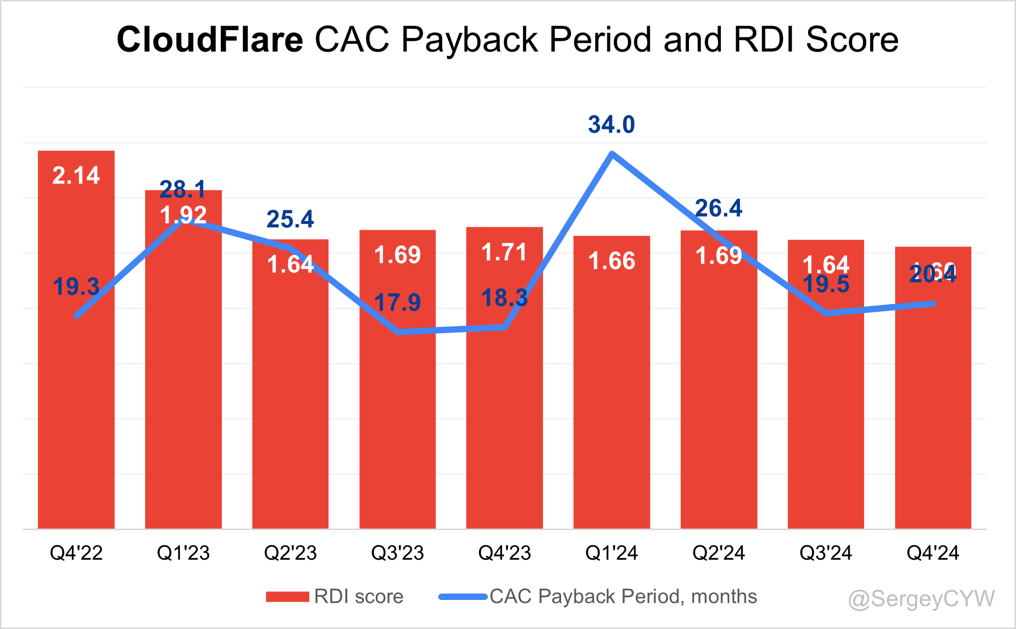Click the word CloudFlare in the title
(x=210, y=39)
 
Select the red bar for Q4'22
(x=76, y=394)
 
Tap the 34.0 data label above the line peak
(x=611, y=125)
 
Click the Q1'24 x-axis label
(x=611, y=553)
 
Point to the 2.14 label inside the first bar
(x=76, y=176)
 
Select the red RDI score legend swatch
(x=287, y=597)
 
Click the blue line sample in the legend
(x=462, y=597)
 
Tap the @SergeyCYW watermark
(x=922, y=599)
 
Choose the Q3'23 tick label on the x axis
(x=397, y=553)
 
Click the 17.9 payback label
(x=397, y=302)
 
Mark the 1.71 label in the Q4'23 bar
(x=505, y=252)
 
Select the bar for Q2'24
(x=718, y=394)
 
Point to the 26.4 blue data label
(x=718, y=208)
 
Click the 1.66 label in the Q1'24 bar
(x=611, y=261)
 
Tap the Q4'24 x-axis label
(x=932, y=553)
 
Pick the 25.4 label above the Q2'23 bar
(x=290, y=220)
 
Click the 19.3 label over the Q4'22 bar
(x=76, y=286)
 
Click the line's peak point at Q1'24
(x=611, y=154)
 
